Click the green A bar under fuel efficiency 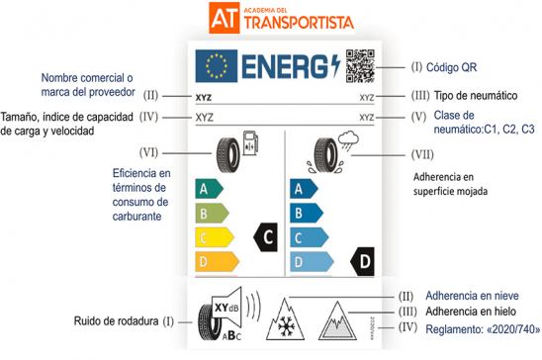point(209,187)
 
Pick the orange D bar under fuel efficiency point(214,262)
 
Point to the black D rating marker point(364,262)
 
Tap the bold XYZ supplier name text point(206,97)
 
